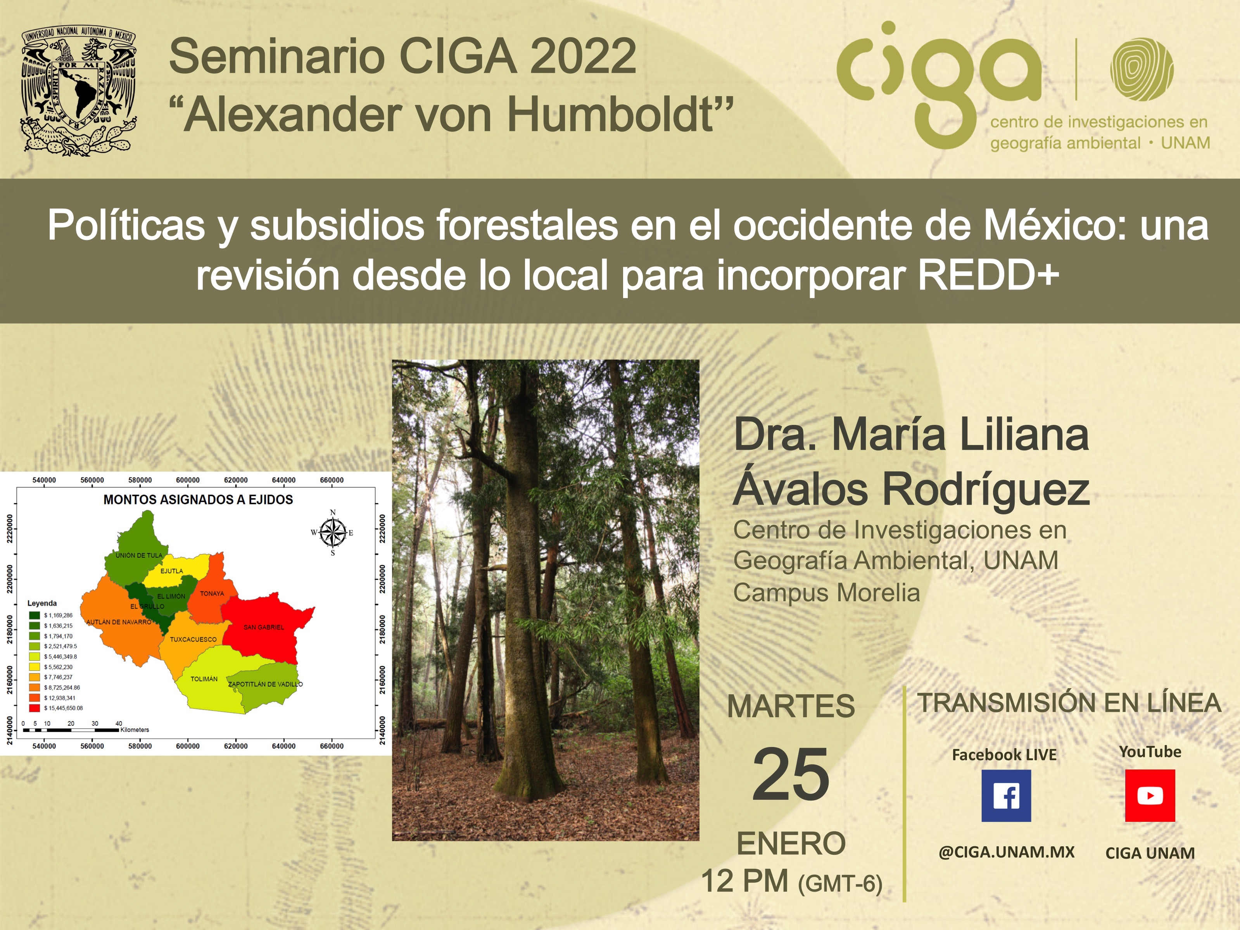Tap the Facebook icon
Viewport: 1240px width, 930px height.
(1006, 795)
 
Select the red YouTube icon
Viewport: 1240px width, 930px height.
(1150, 795)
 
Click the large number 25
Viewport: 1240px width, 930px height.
(791, 774)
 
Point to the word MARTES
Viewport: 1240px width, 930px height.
(791, 706)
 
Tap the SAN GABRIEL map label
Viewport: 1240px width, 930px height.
(264, 627)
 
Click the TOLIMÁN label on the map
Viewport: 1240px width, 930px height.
(204, 679)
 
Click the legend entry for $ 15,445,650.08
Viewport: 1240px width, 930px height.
(56, 708)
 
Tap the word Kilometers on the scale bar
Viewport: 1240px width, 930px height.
(135, 730)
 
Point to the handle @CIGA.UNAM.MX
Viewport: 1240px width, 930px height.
(1006, 852)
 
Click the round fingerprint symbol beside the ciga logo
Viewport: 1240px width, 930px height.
(1142, 69)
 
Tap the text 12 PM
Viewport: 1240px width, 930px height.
(744, 881)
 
